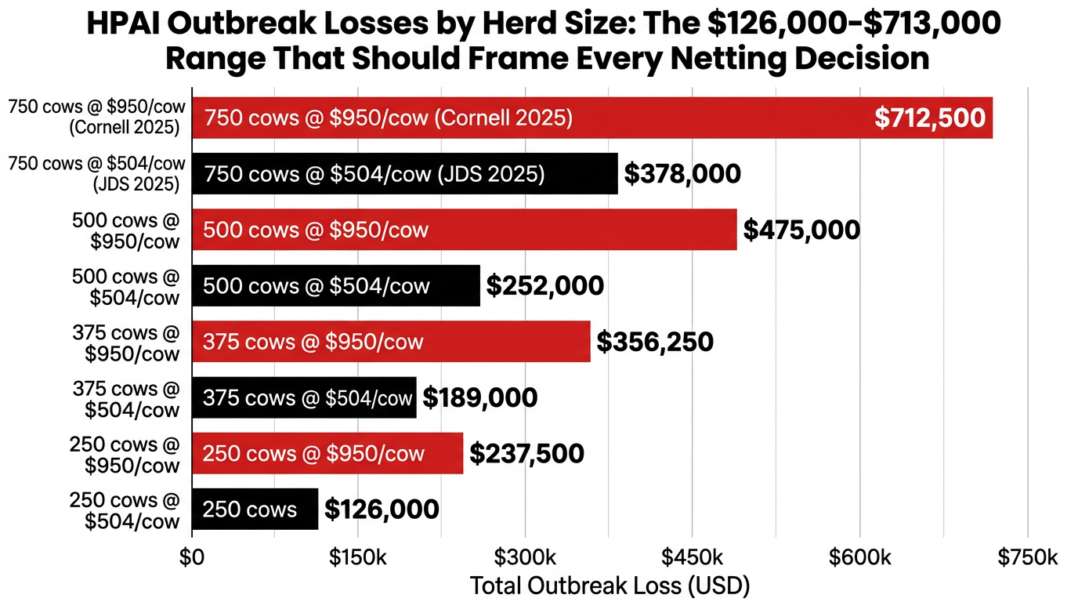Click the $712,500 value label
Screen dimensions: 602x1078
[x=930, y=118]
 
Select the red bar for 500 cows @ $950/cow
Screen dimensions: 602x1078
[x=464, y=230]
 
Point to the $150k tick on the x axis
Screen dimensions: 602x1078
[x=358, y=557]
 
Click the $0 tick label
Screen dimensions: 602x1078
[x=191, y=557]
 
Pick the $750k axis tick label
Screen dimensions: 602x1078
[x=1027, y=557]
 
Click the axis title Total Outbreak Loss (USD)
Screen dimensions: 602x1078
[x=610, y=586]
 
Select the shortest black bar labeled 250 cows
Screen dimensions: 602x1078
[x=255, y=510]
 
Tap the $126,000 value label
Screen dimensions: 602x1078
[x=382, y=510]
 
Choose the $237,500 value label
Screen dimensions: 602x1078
[x=526, y=453]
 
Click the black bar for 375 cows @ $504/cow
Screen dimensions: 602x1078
[x=304, y=397]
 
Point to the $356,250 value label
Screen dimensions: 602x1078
[x=655, y=342]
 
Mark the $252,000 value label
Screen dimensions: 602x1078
[x=544, y=285]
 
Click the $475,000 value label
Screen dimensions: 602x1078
[x=801, y=230]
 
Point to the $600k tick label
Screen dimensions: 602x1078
[x=860, y=557]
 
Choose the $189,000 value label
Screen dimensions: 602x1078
[x=480, y=397]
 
